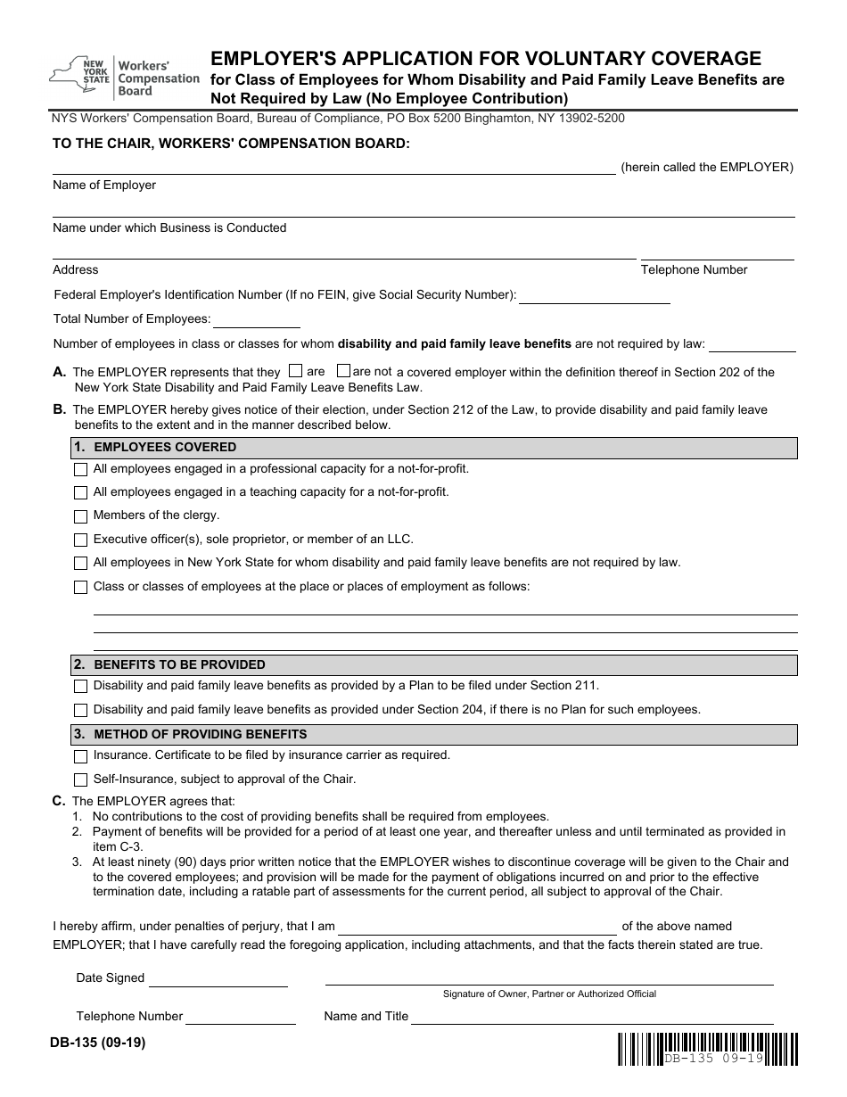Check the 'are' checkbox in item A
[296, 371]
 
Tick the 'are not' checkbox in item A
[343, 371]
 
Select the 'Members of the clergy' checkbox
[80, 516]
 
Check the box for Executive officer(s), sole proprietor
[80, 540]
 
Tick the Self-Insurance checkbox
[80, 779]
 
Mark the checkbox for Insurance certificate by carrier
[80, 755]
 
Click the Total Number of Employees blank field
[256, 320]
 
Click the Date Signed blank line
[218, 979]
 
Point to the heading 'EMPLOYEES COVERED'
[165, 447]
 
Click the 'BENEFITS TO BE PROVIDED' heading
[179, 664]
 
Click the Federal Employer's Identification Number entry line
[594, 296]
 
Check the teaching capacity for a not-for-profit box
[80, 492]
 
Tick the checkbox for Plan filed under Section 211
[80, 686]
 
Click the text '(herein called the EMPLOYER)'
[706, 167]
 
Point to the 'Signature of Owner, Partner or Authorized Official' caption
[549, 994]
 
